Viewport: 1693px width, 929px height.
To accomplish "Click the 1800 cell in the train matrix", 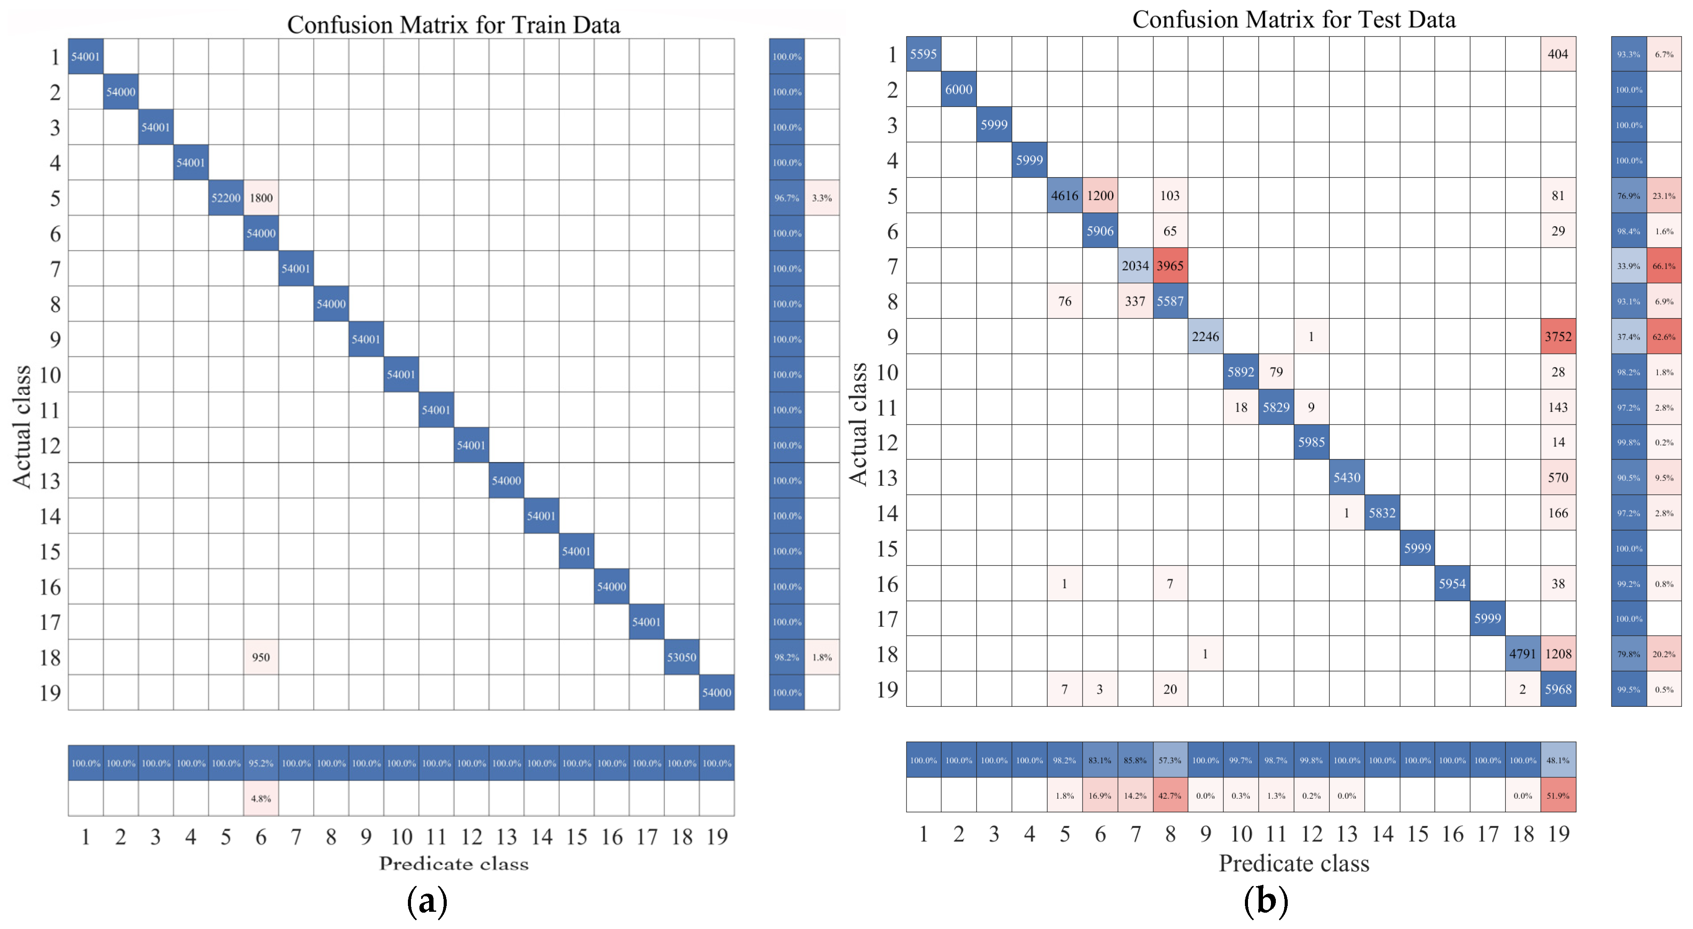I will pos(261,198).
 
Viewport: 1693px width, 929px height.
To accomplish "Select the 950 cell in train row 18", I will pos(261,657).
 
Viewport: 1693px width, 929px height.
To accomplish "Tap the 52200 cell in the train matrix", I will pos(226,198).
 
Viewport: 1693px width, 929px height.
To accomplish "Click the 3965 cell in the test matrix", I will pos(1170,265).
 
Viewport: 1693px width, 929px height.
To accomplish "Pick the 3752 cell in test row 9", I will pos(1557,337).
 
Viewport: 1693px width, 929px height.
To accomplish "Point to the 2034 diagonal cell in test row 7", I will pos(1135,265).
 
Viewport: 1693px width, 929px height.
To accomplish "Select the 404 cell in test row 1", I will pos(1557,54).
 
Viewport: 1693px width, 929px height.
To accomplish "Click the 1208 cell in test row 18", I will pos(1557,653).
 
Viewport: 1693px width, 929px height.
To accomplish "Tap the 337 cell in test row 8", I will pos(1135,301).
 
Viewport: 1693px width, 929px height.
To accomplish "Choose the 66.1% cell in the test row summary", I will pos(1663,265).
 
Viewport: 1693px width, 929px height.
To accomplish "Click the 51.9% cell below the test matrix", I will pos(1557,796).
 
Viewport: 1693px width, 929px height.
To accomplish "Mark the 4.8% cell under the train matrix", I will pos(261,798).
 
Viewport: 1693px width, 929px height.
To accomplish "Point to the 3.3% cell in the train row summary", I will pos(822,198).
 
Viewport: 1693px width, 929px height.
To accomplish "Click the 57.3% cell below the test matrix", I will pos(1170,760).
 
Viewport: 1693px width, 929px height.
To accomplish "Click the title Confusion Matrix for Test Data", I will pos(1293,20).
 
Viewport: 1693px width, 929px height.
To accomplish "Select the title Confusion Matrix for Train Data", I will pos(453,25).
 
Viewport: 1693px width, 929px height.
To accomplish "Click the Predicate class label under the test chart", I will pos(1293,863).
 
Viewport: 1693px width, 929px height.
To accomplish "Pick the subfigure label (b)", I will pos(1265,901).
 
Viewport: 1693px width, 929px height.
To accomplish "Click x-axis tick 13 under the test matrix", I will pos(1346,834).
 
